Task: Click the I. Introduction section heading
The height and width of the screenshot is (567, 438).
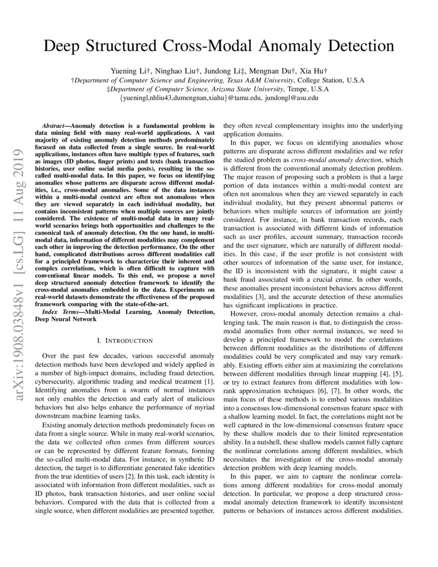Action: pos(125,341)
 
